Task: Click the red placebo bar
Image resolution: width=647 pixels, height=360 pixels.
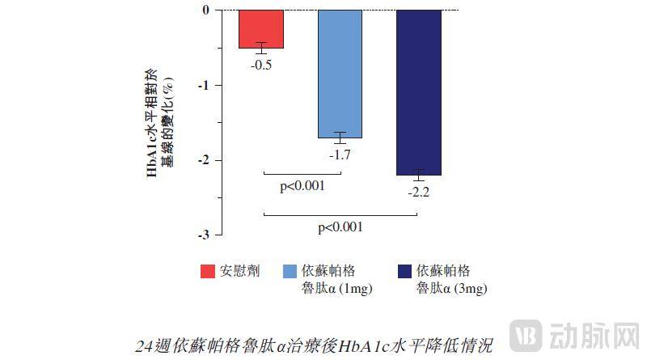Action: tap(261, 28)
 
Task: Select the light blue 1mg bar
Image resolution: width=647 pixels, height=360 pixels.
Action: tap(340, 73)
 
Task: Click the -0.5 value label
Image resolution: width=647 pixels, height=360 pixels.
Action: tap(261, 65)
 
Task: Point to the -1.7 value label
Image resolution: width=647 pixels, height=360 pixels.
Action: tap(340, 154)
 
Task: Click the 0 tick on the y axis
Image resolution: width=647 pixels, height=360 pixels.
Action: tap(205, 11)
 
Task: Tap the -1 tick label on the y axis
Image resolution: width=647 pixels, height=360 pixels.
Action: tap(203, 85)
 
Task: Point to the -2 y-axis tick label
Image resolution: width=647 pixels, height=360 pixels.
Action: tap(203, 160)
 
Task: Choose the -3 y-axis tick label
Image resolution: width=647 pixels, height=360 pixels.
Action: tap(203, 235)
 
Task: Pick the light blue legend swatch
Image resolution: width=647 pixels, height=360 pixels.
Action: tap(292, 270)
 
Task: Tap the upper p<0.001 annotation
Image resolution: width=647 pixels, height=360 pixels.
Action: tap(302, 187)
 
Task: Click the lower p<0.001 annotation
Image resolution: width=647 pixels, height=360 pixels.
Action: tap(340, 228)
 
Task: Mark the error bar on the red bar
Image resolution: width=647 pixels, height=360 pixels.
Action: tap(261, 48)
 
